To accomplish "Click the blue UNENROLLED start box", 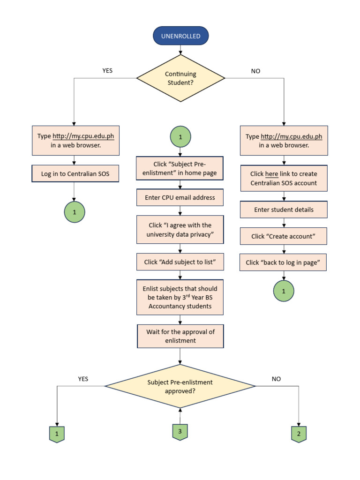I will tap(180, 36).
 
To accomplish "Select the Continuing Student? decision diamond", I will tap(180, 78).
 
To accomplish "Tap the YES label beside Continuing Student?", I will tap(107, 71).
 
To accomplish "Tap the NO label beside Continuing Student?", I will tap(255, 71).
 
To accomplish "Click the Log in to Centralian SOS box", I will tap(74, 173).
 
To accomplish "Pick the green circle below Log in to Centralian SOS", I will tap(74, 212).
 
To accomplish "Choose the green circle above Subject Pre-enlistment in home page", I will tap(180, 138).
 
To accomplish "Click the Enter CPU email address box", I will tap(180, 197).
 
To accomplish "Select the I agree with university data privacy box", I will tap(180, 230).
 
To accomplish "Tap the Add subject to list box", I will tap(180, 262).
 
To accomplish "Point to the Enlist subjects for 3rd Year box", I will tap(180, 297).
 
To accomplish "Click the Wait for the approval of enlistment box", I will tap(180, 336).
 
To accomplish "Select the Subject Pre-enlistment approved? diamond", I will tap(180, 386).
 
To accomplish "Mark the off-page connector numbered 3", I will tap(180, 432).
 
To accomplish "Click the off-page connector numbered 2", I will tap(299, 434).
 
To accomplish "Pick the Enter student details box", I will tap(284, 210).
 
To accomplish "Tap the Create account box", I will tap(284, 236).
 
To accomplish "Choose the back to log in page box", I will tap(284, 262).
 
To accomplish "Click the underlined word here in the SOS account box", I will tap(272, 174).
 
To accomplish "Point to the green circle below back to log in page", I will tap(284, 291).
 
